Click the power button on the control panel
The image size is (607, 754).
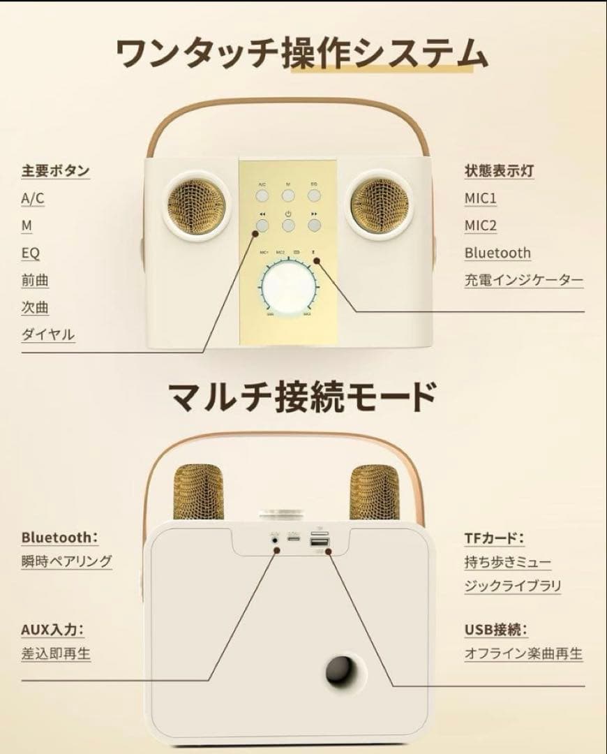coord(288,224)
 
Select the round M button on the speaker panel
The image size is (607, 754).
coord(288,196)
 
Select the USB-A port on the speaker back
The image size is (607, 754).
coord(320,542)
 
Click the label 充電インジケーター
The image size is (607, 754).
coord(524,280)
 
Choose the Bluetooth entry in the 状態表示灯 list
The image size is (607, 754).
coord(497,253)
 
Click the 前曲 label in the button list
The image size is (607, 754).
coord(35,280)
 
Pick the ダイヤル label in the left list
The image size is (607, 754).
coord(47,334)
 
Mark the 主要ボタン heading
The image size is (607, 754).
coord(55,170)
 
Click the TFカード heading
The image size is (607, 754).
coord(494,538)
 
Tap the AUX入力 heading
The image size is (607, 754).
coord(52,630)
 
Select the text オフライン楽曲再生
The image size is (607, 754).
coord(523,653)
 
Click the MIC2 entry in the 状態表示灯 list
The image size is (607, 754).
coord(481,226)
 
